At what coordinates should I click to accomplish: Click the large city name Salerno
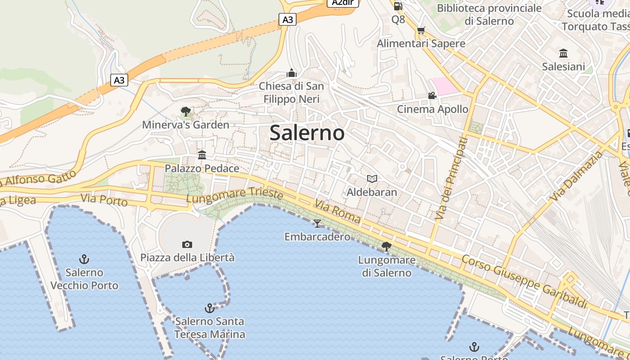point(307,133)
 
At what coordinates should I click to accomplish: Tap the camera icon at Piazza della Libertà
point(187,244)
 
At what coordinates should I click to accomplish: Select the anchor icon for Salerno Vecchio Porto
point(84,259)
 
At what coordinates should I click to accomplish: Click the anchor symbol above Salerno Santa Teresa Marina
point(209,308)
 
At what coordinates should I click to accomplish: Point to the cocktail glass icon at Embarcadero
point(317,223)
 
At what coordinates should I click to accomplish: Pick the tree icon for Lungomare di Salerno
point(386,246)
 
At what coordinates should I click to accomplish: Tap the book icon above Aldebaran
point(372,179)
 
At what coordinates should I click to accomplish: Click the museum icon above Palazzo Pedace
point(202,155)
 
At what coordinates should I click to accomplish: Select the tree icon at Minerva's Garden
point(185,112)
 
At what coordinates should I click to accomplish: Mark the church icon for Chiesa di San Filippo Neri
point(292,73)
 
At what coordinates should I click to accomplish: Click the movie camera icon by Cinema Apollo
point(432,95)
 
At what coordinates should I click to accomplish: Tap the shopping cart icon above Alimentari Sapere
point(421,30)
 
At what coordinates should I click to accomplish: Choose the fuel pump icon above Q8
point(398,6)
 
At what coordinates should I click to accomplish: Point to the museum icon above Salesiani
point(563,54)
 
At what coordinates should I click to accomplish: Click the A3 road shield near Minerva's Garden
point(119,80)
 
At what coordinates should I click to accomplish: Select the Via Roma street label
point(338,211)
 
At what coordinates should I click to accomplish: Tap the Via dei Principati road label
point(451,178)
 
